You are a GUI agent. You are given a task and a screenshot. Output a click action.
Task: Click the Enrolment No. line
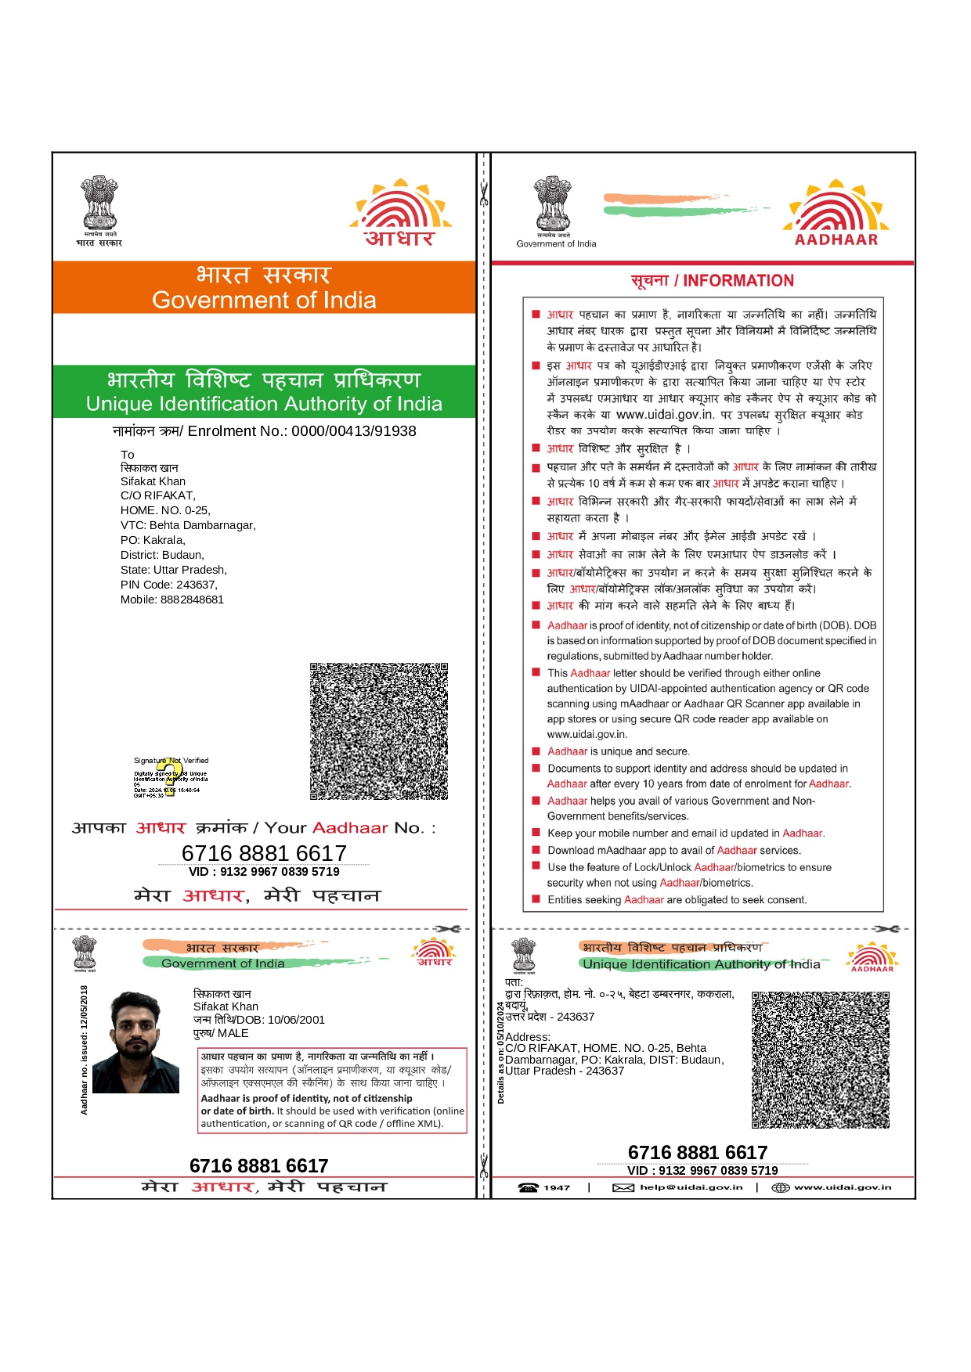[x=264, y=431]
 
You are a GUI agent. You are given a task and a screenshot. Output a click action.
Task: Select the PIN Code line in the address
[x=168, y=585]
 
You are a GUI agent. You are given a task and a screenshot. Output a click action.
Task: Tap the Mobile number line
[x=171, y=600]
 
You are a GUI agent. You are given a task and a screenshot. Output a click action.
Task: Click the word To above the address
[x=127, y=455]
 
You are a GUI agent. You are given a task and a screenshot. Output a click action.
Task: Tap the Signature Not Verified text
[x=171, y=760]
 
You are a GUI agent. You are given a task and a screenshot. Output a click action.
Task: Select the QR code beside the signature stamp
[x=378, y=731]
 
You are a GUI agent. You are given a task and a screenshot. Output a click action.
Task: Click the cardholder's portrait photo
[x=135, y=1042]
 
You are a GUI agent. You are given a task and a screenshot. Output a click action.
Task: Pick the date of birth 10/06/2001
[x=295, y=1020]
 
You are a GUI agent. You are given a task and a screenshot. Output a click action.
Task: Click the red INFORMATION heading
[x=738, y=281]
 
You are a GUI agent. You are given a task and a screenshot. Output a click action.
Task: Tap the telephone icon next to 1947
[x=528, y=1188]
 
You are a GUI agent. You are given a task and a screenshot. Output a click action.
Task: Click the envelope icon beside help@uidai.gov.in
[x=623, y=1188]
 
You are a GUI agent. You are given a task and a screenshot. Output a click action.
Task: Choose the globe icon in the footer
[x=780, y=1188]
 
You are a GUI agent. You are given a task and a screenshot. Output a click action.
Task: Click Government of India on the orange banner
[x=264, y=301]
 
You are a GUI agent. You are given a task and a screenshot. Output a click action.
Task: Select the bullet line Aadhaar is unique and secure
[x=618, y=751]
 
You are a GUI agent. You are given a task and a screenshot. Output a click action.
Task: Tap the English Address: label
[x=527, y=1037]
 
